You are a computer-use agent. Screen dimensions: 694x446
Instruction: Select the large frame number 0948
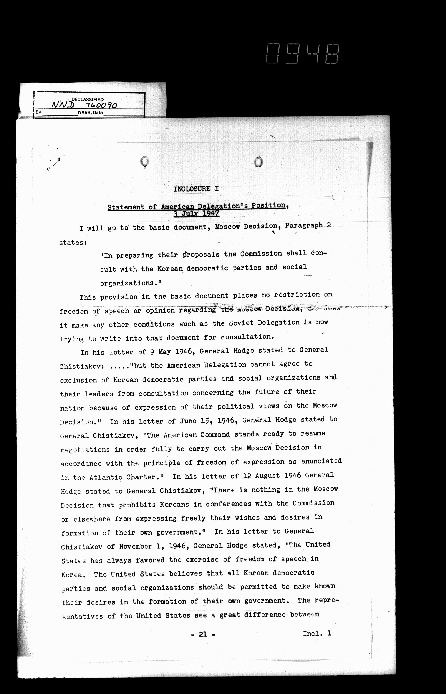coord(302,54)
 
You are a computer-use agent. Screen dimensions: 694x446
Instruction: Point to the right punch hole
coord(259,162)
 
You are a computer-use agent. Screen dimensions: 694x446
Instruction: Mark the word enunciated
coord(321,461)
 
